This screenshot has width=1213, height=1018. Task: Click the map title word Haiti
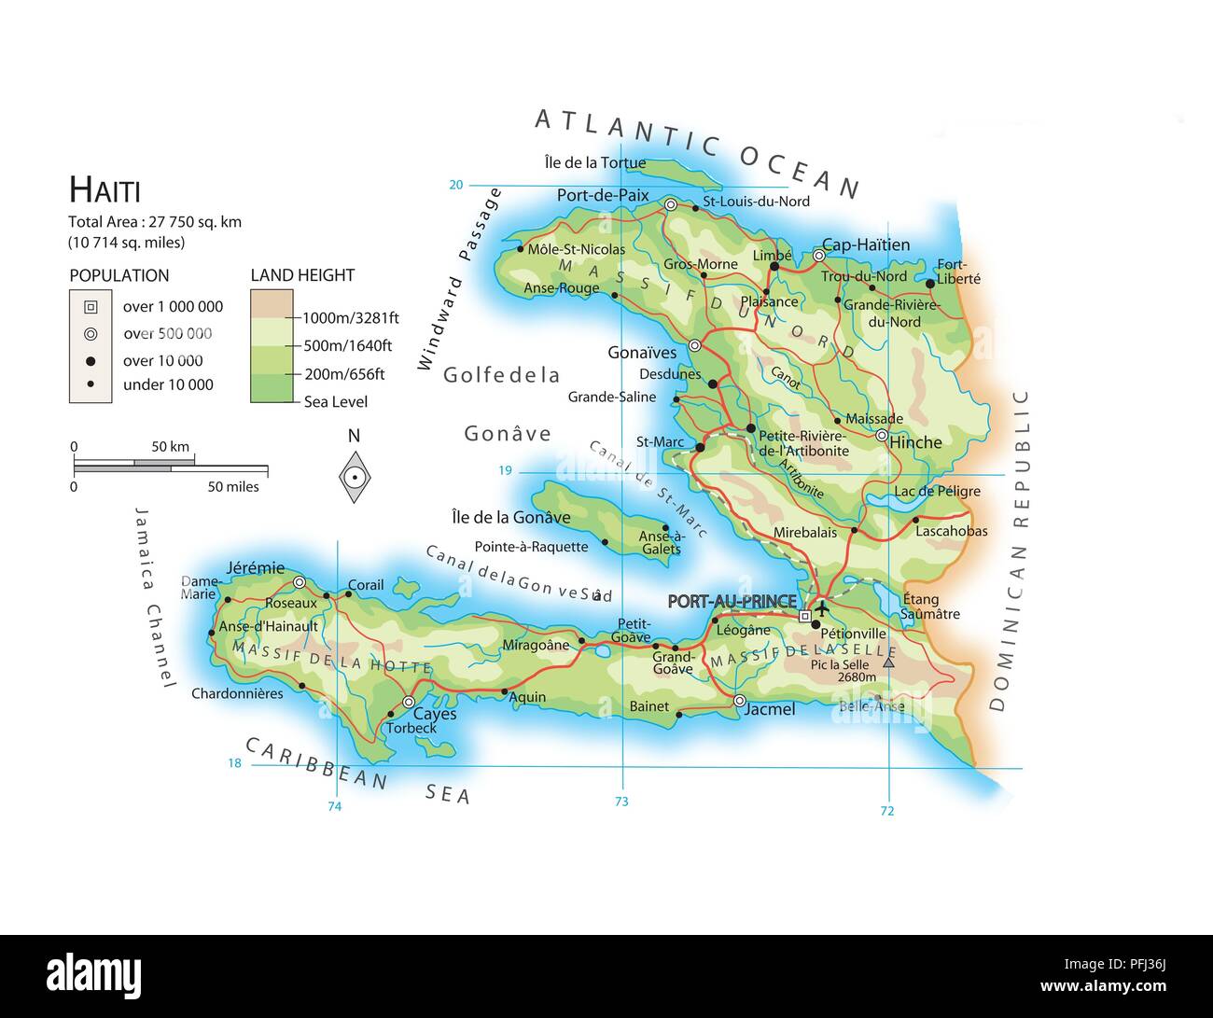[x=105, y=190]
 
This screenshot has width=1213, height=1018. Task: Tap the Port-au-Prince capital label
[x=732, y=602]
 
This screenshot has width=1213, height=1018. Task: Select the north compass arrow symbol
[x=354, y=476]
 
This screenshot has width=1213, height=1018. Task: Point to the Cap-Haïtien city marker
[x=818, y=255]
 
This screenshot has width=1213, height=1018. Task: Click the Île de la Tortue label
[x=594, y=162]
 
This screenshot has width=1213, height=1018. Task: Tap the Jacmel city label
[x=770, y=709]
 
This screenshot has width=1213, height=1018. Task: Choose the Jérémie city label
[x=255, y=567]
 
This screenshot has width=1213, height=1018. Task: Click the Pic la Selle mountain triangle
[x=888, y=662]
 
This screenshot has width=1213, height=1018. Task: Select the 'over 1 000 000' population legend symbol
[x=91, y=307]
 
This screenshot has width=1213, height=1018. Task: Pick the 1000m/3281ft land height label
[x=350, y=318]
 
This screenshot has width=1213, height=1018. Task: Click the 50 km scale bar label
[x=170, y=447]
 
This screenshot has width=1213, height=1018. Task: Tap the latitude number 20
[x=455, y=185]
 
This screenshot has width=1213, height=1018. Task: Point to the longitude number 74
[x=334, y=806]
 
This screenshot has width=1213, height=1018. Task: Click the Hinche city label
[x=915, y=442]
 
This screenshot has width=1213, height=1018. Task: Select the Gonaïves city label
[x=642, y=353]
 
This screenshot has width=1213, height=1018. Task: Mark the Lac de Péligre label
[x=937, y=491]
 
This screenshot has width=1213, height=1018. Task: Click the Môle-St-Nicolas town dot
[x=520, y=249]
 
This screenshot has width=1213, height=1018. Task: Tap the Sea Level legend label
[x=336, y=402]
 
